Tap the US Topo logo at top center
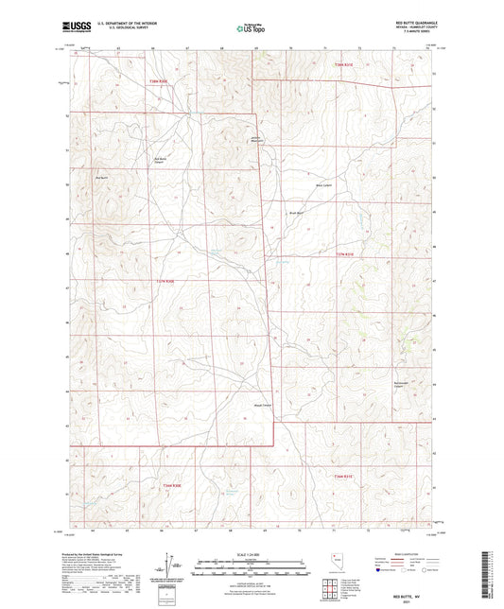click(252, 29)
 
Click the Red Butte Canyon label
click(160, 160)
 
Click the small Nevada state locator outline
click(330, 560)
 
